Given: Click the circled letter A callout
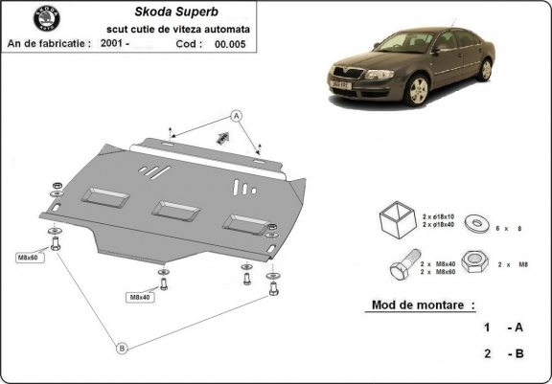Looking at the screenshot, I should pyautogui.click(x=236, y=116).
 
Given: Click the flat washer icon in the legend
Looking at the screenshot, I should pyautogui.click(x=473, y=224).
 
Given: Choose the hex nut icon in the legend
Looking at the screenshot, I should pyautogui.click(x=472, y=260).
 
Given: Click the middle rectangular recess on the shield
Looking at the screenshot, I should pyautogui.click(x=172, y=208).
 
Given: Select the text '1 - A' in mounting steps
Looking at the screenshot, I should pyautogui.click(x=502, y=328).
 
